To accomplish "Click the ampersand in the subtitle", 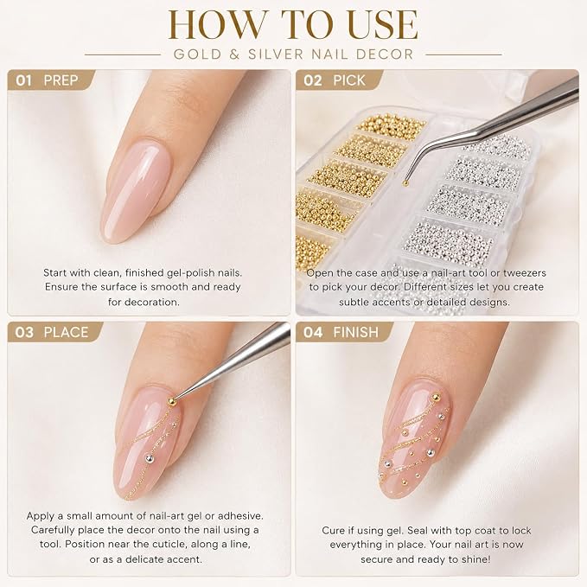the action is [235, 54].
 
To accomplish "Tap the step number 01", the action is [23, 80].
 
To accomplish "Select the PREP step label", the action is [61, 80].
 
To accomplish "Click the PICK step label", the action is [349, 80].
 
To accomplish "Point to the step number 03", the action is [24, 333].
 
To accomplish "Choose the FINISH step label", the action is [356, 333].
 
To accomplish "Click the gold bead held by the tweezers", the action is [405, 183].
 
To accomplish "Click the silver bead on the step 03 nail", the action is [149, 457].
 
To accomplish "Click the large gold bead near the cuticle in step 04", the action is [436, 398].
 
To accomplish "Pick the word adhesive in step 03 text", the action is [240, 516].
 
